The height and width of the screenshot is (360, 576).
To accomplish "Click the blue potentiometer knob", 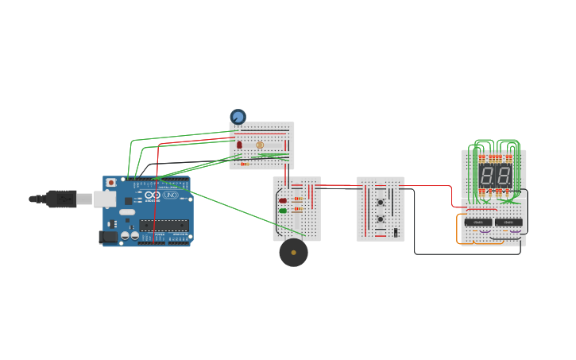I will point(238,117).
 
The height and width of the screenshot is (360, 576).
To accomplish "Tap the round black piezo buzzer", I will point(293,253).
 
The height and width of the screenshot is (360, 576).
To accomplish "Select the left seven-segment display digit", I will point(485,176).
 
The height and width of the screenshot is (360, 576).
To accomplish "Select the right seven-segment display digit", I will point(502,176).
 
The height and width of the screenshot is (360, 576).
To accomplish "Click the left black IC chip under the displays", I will point(477,223).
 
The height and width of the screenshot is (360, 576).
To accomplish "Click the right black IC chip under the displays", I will point(508,223).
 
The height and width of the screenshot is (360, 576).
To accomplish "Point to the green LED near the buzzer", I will point(283,211).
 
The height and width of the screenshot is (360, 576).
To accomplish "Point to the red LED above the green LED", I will point(283,200).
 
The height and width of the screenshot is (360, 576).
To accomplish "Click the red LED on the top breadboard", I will point(239,145).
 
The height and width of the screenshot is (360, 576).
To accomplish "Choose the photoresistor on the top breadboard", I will point(260,145).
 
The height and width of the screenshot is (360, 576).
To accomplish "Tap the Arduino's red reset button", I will point(110,183).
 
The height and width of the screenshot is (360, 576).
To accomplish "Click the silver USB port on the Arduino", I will point(104,199).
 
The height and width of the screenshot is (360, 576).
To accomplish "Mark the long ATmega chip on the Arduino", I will point(164,225).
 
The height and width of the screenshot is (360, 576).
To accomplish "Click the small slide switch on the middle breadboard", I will point(395,232).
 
